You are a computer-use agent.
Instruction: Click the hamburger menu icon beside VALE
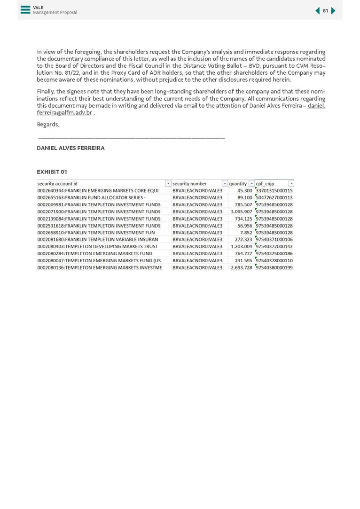(x=25, y=10)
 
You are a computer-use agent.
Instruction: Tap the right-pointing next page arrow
(x=334, y=11)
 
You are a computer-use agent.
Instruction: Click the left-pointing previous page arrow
(x=317, y=11)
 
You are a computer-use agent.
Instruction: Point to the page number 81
(x=325, y=11)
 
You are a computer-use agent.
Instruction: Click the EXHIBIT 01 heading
(x=52, y=172)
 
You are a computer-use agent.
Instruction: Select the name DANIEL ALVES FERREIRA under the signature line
(x=70, y=148)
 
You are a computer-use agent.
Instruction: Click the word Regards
(x=48, y=125)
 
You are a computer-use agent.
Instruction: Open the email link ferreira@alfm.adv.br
(x=64, y=113)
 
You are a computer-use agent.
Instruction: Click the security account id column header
(x=57, y=184)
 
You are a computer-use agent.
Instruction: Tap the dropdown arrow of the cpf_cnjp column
(x=291, y=184)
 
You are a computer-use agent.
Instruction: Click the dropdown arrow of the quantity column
(x=251, y=184)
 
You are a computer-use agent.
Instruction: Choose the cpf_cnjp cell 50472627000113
(x=274, y=198)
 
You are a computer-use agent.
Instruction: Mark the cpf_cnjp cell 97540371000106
(x=274, y=240)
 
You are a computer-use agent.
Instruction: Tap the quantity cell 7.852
(x=246, y=233)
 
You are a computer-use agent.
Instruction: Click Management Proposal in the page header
(x=55, y=13)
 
